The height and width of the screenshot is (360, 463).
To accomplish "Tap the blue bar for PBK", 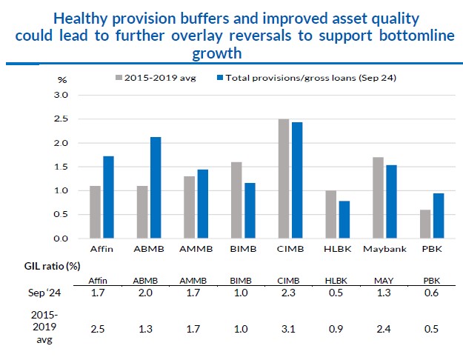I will [x=439, y=216].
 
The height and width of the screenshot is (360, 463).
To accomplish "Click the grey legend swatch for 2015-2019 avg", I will [x=118, y=77].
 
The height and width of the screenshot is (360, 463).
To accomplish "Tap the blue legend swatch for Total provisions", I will [x=220, y=77].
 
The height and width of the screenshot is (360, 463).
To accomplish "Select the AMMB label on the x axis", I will [x=196, y=250].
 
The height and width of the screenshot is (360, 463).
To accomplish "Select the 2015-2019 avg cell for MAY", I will [x=384, y=329].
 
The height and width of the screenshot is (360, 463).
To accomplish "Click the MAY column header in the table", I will [x=384, y=280].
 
